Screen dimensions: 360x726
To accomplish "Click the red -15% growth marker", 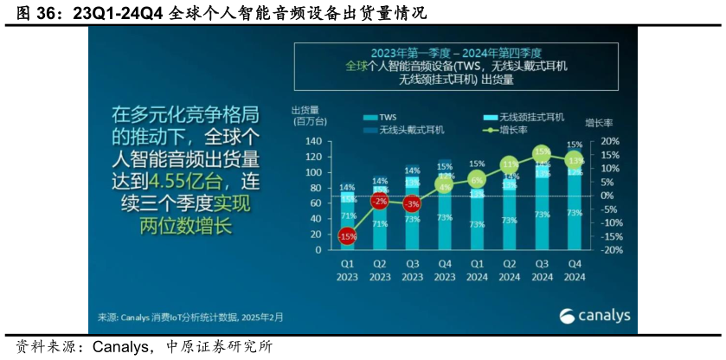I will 347,235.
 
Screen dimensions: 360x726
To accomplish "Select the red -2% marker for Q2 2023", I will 379,201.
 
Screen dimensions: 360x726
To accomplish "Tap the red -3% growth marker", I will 412,203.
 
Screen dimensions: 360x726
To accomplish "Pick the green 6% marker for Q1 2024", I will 476,179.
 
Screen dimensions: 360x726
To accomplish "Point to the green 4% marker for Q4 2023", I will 445,184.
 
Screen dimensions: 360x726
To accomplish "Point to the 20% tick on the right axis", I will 609,141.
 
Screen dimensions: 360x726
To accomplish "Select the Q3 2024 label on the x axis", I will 541,269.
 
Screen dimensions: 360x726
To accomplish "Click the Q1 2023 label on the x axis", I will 347,269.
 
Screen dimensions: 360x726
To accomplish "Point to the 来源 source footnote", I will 185,318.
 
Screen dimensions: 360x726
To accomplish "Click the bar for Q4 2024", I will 573,208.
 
